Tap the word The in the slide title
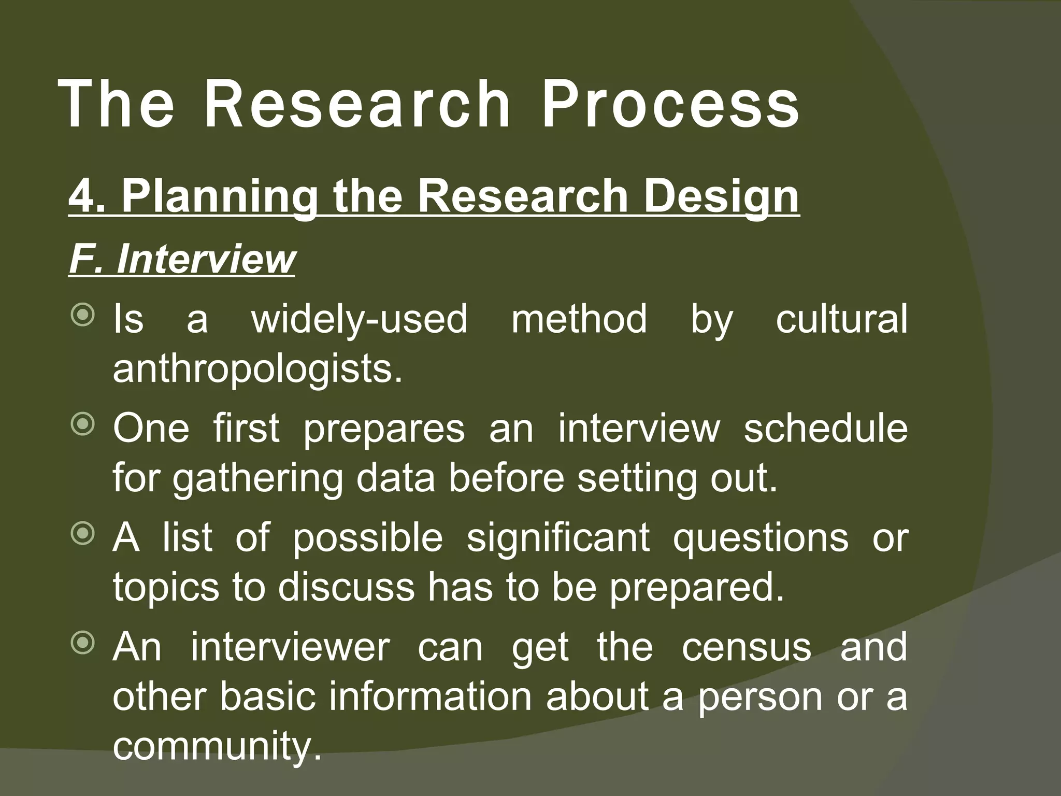(x=117, y=104)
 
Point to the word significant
(x=558, y=538)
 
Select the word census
(x=747, y=647)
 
